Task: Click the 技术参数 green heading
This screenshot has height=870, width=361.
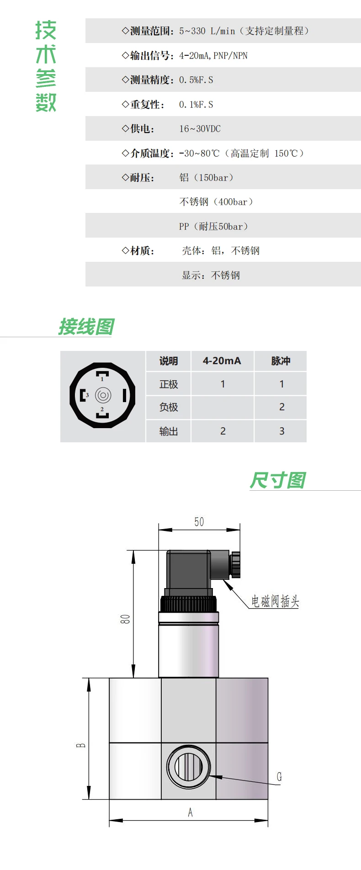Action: (x=46, y=66)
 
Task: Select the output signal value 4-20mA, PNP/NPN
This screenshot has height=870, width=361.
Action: (x=213, y=56)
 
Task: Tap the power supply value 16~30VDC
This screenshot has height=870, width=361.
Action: (x=200, y=129)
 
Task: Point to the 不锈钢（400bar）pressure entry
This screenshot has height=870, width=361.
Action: (x=216, y=202)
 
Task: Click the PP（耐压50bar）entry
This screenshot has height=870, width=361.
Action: (x=213, y=227)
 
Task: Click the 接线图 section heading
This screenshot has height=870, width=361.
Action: (x=86, y=327)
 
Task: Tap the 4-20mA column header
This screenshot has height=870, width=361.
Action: (x=222, y=361)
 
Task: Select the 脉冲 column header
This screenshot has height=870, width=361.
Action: (x=281, y=361)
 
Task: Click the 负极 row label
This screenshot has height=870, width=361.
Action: (x=168, y=407)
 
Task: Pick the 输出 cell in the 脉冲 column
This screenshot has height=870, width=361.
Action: (x=281, y=431)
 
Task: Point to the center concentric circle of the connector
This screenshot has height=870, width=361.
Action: (x=103, y=395)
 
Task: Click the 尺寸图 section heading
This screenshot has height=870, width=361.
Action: (x=277, y=480)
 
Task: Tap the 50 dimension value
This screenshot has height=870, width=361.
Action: (x=199, y=522)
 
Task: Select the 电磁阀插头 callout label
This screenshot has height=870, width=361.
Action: (x=275, y=601)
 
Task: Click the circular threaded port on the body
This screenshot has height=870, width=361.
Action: (x=189, y=767)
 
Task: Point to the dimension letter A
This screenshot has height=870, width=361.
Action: (x=190, y=812)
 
